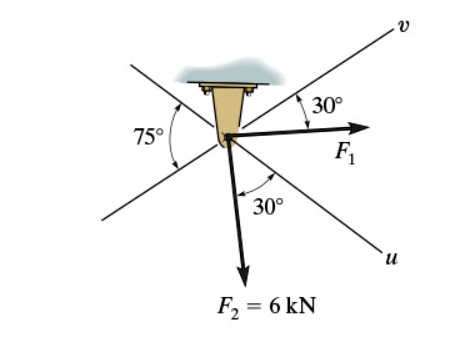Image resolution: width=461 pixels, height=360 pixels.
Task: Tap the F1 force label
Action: click(x=347, y=153)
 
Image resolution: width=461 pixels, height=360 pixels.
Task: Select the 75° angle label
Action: click(x=148, y=137)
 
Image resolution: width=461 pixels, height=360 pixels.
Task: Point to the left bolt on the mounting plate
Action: click(x=207, y=91)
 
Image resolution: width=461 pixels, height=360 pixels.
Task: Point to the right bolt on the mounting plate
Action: click(x=250, y=91)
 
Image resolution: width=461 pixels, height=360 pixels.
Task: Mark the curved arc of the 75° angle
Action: click(x=172, y=135)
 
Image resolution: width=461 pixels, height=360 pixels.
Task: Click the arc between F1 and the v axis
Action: click(x=304, y=111)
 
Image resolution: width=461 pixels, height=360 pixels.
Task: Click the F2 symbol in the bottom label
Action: click(x=225, y=307)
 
